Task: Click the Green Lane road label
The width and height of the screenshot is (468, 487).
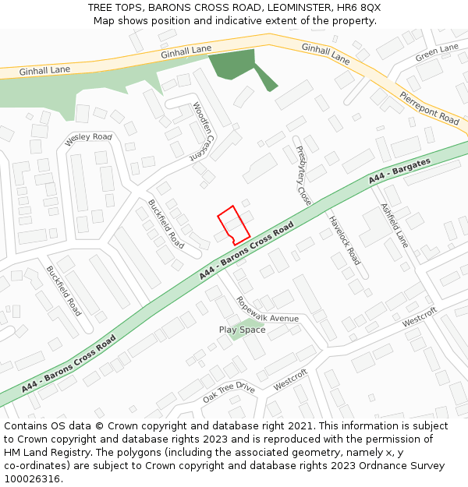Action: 437,53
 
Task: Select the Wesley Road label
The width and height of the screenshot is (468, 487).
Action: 88,138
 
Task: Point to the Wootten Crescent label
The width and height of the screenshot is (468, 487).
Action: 202,130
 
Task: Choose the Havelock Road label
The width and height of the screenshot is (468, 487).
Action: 344,240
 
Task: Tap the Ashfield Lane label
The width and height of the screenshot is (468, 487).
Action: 394,225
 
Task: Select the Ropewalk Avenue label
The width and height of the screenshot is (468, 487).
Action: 268,309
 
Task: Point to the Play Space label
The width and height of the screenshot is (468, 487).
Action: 242,330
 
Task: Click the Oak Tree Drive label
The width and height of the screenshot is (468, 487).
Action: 229,392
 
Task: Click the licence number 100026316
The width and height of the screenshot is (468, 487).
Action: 32,478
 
